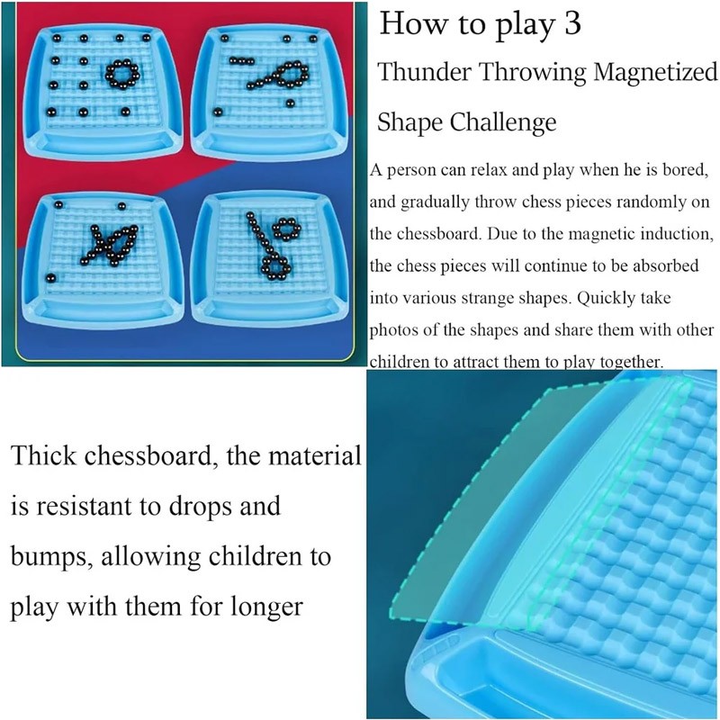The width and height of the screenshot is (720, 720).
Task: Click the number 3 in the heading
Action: tap(572, 23)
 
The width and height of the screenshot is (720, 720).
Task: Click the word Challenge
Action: tap(503, 123)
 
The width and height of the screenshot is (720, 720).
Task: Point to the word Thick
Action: tap(43, 455)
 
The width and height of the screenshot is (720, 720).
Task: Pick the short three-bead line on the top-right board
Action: tap(241, 60)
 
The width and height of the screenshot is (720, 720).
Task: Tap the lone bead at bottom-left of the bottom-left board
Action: tap(50, 278)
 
